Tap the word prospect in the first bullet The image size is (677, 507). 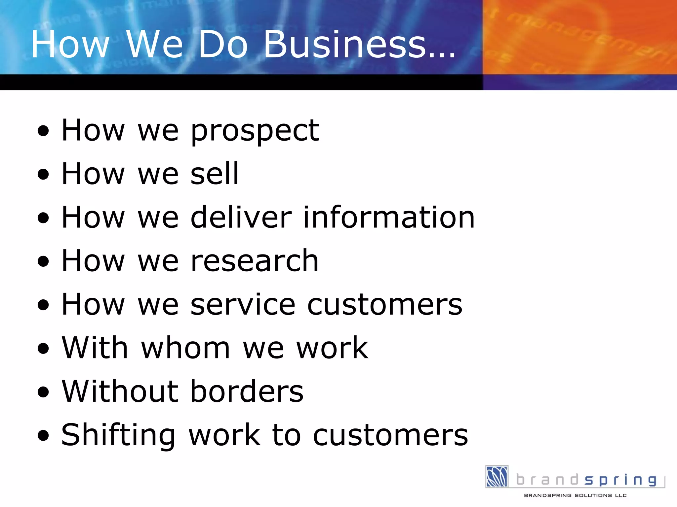pyautogui.click(x=255, y=131)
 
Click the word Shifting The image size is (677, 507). pyautogui.click(x=118, y=436)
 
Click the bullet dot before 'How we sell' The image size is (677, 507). pyautogui.click(x=43, y=174)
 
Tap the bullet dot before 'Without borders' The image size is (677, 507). pyautogui.click(x=43, y=392)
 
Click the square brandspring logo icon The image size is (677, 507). pyautogui.click(x=497, y=476)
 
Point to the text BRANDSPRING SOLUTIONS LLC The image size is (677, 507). pyautogui.click(x=575, y=495)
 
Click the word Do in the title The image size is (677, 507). pyautogui.click(x=223, y=44)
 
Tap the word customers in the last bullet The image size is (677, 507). pyautogui.click(x=390, y=436)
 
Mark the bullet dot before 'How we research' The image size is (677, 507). pyautogui.click(x=43, y=261)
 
